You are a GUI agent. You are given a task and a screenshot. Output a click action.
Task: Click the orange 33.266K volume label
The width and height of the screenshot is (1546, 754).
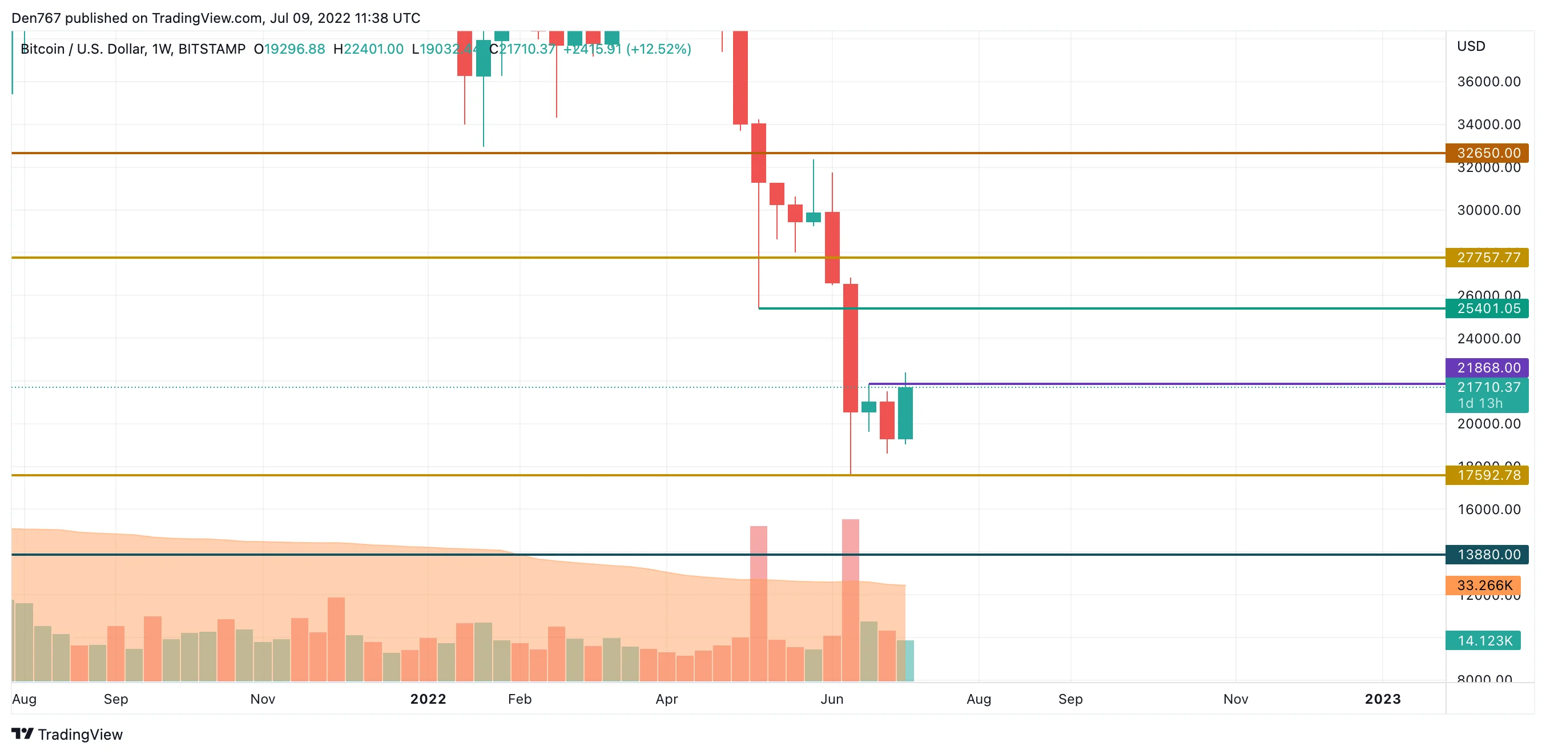tap(1482, 585)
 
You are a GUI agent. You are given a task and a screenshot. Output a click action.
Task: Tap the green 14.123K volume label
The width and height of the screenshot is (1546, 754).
tap(1482, 640)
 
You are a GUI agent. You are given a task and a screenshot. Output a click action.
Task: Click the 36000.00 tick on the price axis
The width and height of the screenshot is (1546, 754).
tap(1488, 82)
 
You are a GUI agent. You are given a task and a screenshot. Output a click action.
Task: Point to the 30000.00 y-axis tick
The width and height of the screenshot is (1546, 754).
tap(1488, 210)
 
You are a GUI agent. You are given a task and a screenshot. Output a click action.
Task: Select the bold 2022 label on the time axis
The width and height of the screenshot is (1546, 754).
tap(428, 699)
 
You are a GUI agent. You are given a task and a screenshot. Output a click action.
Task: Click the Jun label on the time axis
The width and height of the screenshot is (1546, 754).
tap(832, 699)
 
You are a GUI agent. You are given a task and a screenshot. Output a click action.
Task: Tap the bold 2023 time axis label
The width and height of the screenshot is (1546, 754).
tap(1382, 699)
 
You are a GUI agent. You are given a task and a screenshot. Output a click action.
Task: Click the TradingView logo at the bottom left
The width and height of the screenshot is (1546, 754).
tap(67, 734)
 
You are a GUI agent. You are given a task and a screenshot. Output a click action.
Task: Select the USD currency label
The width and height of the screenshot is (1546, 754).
tap(1471, 46)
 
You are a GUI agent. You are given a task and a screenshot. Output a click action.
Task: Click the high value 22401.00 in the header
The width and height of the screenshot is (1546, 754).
tap(373, 49)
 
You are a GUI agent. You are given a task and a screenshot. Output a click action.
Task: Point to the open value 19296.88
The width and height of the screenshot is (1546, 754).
tap(294, 49)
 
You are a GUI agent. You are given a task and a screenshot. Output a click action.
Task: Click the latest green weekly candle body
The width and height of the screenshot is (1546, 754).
tap(905, 413)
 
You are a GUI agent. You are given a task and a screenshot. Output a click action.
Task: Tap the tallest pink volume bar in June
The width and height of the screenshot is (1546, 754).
tap(850, 600)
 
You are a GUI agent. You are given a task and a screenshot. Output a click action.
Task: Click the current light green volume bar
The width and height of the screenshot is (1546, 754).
tap(905, 660)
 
